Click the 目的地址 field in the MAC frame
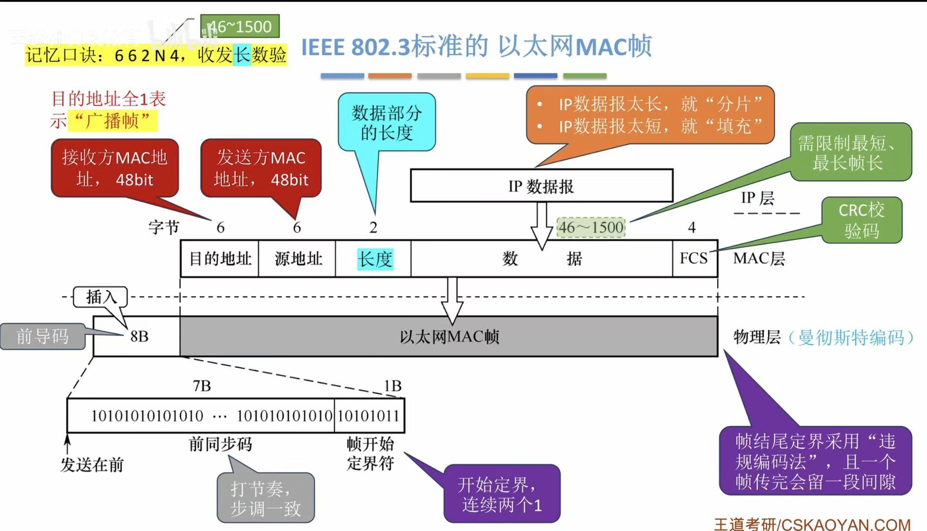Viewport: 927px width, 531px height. (x=220, y=259)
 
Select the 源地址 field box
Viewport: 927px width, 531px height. (x=297, y=259)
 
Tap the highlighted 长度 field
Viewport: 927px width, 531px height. (x=375, y=259)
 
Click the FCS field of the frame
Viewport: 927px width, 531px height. (x=694, y=258)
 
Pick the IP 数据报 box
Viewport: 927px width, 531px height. (x=542, y=186)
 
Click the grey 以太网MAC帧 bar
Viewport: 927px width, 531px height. (x=449, y=337)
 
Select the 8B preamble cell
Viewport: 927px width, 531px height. (x=138, y=337)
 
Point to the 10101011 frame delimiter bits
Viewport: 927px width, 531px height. (x=369, y=416)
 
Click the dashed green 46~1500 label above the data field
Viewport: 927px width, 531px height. (x=591, y=227)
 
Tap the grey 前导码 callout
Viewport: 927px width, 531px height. (x=42, y=337)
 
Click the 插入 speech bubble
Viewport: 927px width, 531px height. (x=100, y=297)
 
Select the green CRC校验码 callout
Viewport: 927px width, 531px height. (x=862, y=220)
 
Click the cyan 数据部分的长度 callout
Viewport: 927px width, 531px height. (x=386, y=122)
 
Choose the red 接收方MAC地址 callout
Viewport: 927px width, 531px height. (x=115, y=168)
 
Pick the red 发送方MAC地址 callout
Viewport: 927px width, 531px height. (x=261, y=168)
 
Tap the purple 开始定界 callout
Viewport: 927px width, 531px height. (x=502, y=494)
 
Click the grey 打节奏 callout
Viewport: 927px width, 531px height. (x=266, y=498)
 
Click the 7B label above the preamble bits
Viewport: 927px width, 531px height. (x=202, y=386)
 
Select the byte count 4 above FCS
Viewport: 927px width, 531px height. (x=692, y=227)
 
